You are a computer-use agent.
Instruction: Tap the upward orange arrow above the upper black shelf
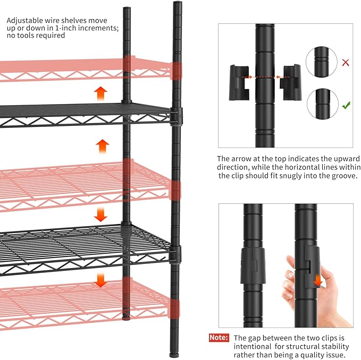point(100,93)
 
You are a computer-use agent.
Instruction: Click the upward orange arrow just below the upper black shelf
point(102,145)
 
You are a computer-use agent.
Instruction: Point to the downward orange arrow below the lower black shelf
point(101,280)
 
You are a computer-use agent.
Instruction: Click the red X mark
point(346,63)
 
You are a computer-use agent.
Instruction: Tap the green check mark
point(346,105)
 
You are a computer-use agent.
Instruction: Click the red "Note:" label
point(219,338)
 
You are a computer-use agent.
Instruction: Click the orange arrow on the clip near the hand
point(317,280)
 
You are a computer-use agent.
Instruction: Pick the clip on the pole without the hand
point(252,265)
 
